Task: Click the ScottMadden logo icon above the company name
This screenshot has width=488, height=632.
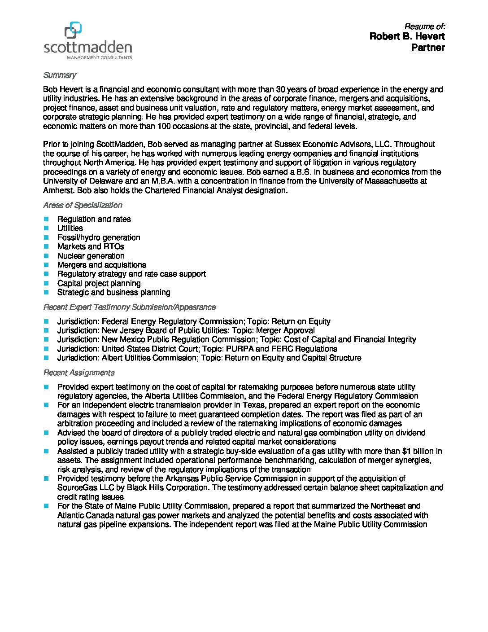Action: pos(73,30)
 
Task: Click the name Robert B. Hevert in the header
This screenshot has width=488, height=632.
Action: pos(407,36)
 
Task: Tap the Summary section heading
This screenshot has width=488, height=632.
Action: pos(60,75)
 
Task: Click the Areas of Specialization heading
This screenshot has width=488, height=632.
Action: pos(83,205)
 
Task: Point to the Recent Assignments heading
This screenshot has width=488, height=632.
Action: pos(79,373)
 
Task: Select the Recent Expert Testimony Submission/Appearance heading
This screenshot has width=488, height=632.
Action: pos(130,307)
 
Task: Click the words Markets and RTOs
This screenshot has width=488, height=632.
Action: pos(91,246)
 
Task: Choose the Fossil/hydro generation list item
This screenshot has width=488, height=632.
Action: pos(99,237)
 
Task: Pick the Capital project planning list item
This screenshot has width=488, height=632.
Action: pos(99,283)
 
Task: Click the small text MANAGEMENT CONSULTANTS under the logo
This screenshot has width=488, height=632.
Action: pos(99,57)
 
